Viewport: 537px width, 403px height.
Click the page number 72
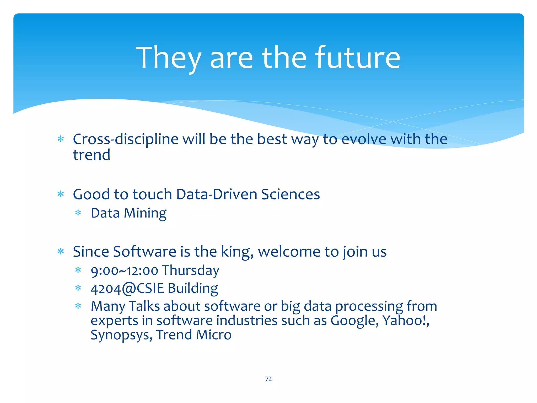click(x=268, y=379)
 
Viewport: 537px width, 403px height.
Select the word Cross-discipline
click(x=126, y=139)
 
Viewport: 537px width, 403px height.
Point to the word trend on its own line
click(x=92, y=155)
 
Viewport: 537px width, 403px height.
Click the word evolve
click(x=364, y=139)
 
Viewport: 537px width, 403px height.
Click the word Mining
click(x=145, y=213)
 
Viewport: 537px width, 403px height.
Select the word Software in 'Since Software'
click(x=144, y=252)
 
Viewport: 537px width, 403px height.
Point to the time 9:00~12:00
click(x=124, y=271)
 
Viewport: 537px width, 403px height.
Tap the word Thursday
click(x=190, y=271)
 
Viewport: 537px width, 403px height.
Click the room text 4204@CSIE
click(x=127, y=289)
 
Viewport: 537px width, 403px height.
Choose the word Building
click(x=193, y=289)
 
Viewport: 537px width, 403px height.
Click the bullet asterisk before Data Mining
click(x=78, y=213)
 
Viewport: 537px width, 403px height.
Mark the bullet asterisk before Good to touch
click(x=61, y=194)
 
